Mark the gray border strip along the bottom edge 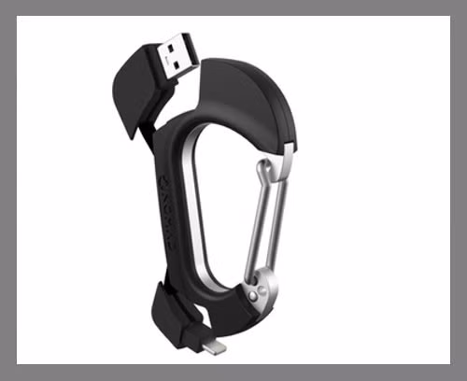[233, 373]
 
